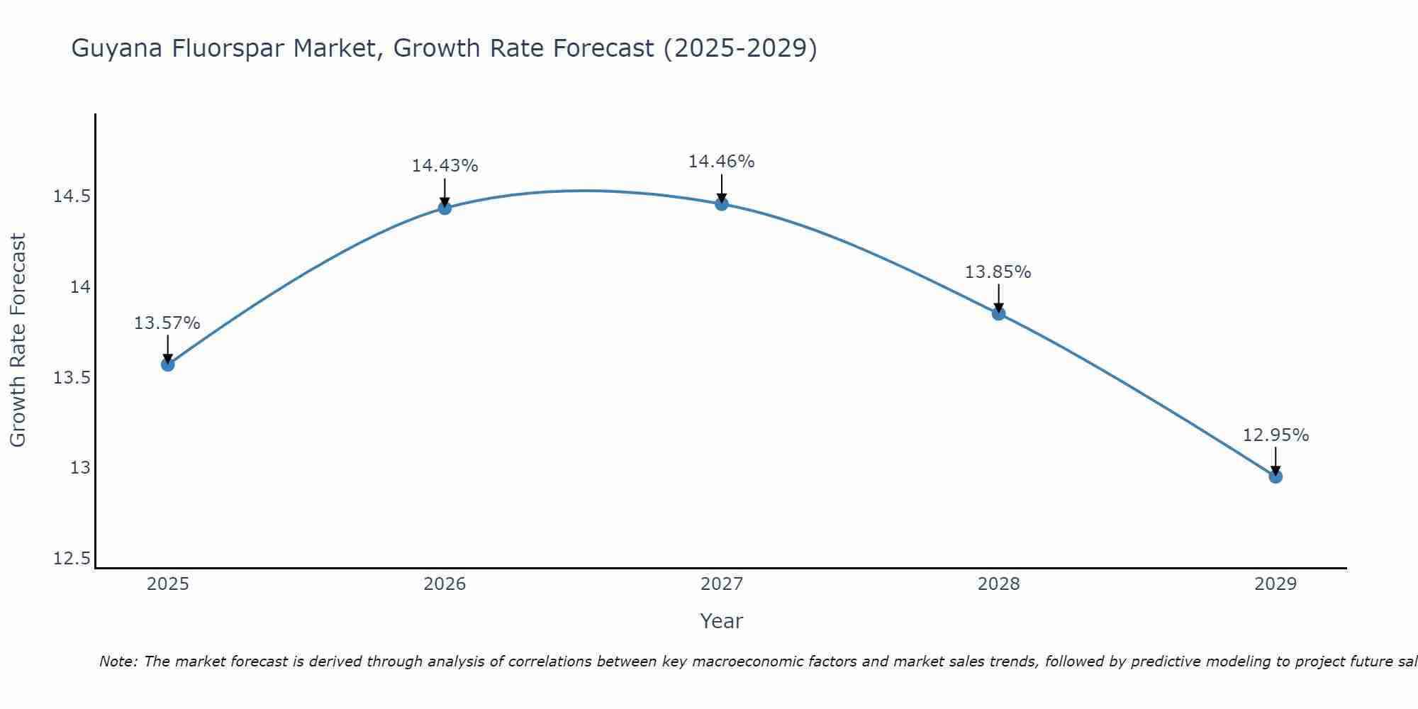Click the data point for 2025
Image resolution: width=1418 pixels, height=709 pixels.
coord(167,364)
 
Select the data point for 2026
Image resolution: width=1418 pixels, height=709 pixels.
coord(445,208)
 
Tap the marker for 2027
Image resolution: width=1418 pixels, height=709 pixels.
coord(722,204)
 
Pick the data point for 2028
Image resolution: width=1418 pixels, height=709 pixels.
coord(998,313)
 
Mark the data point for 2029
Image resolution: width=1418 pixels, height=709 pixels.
coord(1275,476)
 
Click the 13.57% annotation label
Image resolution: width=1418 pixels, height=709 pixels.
coord(167,323)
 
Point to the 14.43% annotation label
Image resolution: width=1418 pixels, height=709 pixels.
coord(445,166)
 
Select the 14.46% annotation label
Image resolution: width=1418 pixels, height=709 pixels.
coord(722,162)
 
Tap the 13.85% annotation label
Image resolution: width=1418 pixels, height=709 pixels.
coord(998,272)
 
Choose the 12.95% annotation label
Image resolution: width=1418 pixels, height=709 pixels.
coord(1275,435)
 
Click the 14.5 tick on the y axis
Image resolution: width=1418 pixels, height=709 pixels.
coord(72,196)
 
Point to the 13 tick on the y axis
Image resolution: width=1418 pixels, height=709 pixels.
coord(80,468)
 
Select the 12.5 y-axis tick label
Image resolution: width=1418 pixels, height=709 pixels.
coord(72,559)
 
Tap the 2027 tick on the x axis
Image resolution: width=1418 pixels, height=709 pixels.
coord(722,584)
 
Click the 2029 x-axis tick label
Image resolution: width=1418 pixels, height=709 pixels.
coord(1275,584)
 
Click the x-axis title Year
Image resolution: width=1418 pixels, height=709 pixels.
coord(722,621)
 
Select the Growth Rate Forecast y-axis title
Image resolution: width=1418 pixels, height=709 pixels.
coord(18,340)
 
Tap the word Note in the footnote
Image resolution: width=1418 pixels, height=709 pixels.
coord(118,661)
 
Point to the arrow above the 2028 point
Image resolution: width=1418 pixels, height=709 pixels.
coord(998,298)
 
